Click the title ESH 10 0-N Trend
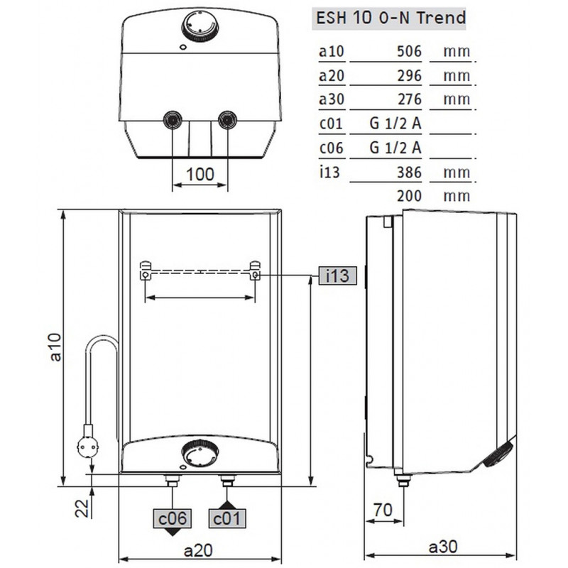click(390, 18)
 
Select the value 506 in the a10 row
click(410, 51)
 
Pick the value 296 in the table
click(410, 76)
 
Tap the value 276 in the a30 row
click(410, 99)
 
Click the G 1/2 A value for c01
click(395, 124)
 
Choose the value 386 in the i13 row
click(410, 172)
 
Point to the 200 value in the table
click(410, 196)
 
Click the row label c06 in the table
click(331, 148)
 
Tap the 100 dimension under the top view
click(200, 174)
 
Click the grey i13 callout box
click(338, 275)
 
